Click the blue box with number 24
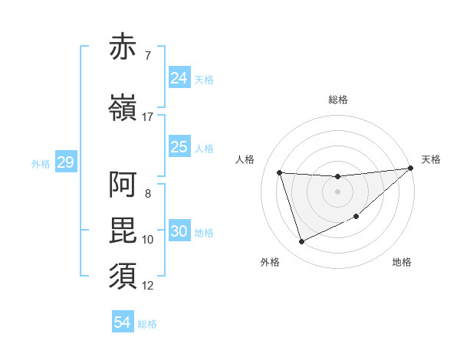(x=179, y=78)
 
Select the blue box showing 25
(x=179, y=147)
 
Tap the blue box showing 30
(x=179, y=232)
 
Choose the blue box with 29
(x=65, y=162)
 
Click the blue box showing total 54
(x=123, y=322)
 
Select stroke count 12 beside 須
(x=148, y=286)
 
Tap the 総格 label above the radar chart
(x=337, y=100)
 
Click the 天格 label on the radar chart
(x=431, y=159)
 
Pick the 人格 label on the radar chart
(x=245, y=159)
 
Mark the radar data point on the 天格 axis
(x=410, y=169)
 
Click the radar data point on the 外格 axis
(x=301, y=242)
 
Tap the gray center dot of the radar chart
(x=337, y=191)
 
